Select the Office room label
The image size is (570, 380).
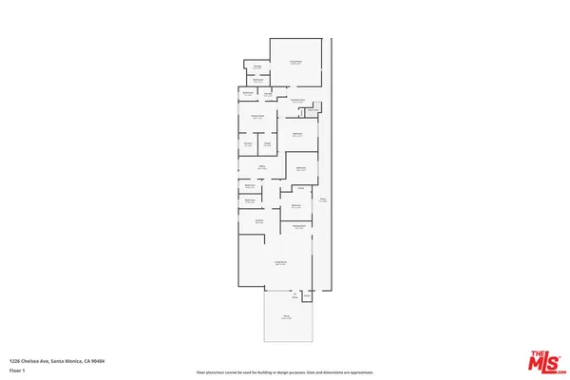261,167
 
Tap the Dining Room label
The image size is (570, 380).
298,226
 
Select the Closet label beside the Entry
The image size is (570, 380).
307,296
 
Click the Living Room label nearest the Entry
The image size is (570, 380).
280,263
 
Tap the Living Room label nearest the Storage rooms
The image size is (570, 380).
295,62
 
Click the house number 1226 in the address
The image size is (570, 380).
15,362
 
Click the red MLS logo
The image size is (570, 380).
543,362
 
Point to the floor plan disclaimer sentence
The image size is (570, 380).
285,371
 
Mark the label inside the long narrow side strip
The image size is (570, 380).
323,200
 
